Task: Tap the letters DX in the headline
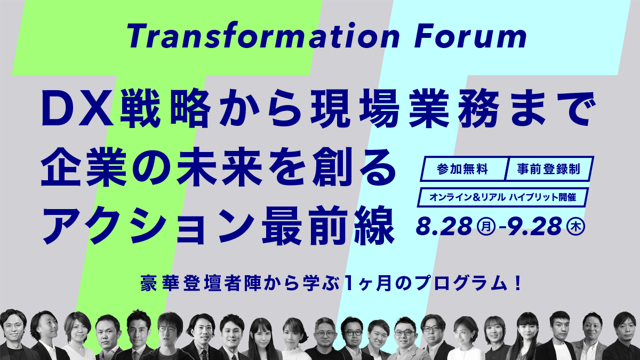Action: click(77, 108)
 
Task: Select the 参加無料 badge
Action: click(463, 170)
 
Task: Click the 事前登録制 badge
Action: click(549, 170)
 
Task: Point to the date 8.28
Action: click(444, 226)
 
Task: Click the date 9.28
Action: click(535, 226)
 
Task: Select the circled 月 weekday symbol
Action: click(486, 227)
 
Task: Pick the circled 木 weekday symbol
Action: click(577, 227)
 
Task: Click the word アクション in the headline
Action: click(148, 226)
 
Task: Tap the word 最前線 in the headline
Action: click(329, 226)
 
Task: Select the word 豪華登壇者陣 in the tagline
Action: click(201, 283)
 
